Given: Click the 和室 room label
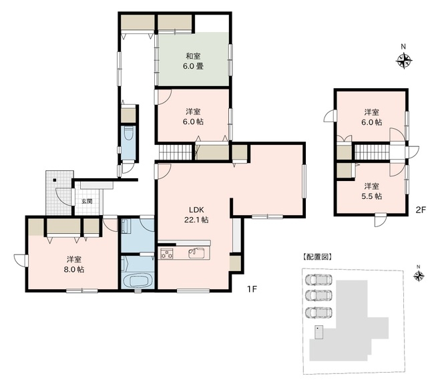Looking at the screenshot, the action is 193,56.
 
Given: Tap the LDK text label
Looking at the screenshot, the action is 196,210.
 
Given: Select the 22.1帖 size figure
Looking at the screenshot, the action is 196,220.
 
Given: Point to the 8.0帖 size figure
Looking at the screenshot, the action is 74,269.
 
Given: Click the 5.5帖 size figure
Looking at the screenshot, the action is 372,196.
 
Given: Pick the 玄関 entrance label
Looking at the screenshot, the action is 87,201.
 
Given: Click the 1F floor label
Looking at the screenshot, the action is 252,289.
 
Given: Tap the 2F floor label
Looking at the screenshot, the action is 421,210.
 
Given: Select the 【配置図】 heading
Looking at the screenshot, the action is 317,257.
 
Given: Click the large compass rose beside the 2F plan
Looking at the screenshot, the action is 404,60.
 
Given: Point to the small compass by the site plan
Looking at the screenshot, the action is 419,276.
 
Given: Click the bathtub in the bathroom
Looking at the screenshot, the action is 138,280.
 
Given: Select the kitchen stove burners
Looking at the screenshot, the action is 167,254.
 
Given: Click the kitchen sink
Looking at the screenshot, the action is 196,253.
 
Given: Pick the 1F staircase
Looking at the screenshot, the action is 175,152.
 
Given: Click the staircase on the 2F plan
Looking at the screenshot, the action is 372,152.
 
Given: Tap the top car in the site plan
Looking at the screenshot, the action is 318,280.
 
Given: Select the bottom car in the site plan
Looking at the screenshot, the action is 318,312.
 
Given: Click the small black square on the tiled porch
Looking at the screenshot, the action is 55,180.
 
